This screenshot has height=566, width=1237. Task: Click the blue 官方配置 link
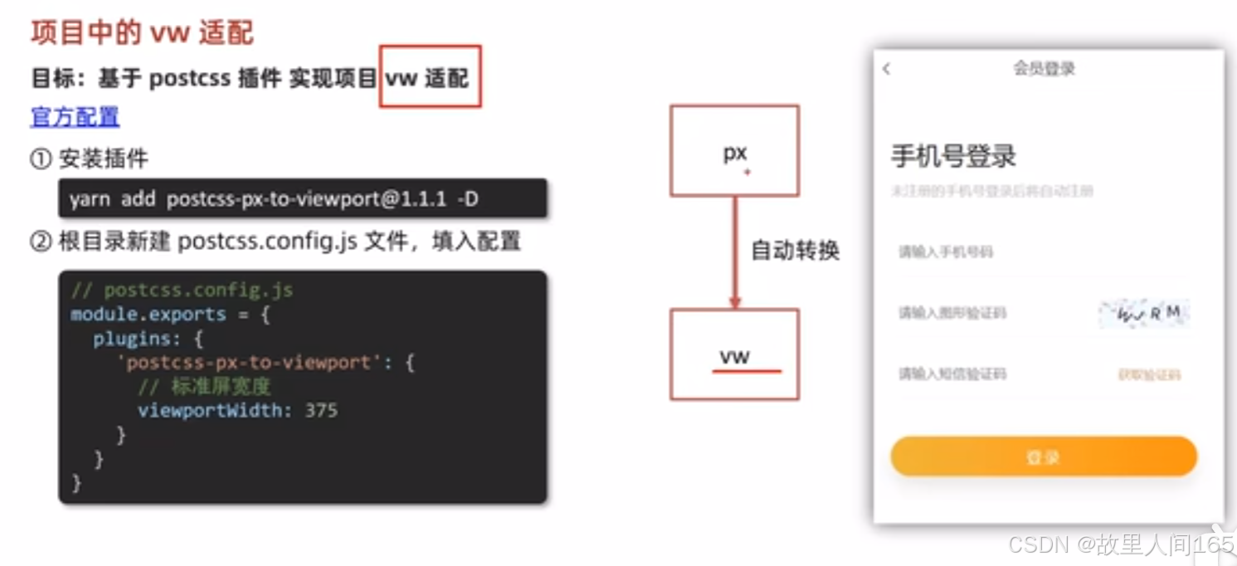tap(75, 117)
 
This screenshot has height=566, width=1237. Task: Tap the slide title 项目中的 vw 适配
tap(142, 33)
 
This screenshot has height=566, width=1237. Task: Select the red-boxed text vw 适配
tap(428, 78)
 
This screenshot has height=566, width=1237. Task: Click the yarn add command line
tap(273, 199)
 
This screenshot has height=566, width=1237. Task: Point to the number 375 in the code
tap(321, 410)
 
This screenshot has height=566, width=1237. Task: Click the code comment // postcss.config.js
tap(182, 290)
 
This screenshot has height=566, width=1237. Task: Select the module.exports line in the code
tap(170, 315)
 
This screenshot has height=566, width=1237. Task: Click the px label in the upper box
tap(734, 153)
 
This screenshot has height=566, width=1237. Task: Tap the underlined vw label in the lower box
tap(735, 357)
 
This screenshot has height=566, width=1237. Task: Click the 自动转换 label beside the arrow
tap(795, 250)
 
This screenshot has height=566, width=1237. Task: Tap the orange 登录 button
tap(1043, 457)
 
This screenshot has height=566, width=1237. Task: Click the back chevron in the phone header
tap(887, 69)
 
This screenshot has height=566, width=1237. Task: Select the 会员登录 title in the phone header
tap(1044, 69)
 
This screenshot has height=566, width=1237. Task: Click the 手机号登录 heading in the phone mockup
tap(953, 156)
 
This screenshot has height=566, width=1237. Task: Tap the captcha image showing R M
tap(1144, 314)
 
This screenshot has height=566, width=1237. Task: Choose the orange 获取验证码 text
tap(1149, 375)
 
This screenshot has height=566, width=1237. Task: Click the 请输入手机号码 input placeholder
tap(945, 251)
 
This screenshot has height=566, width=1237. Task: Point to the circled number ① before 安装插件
tap(41, 159)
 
